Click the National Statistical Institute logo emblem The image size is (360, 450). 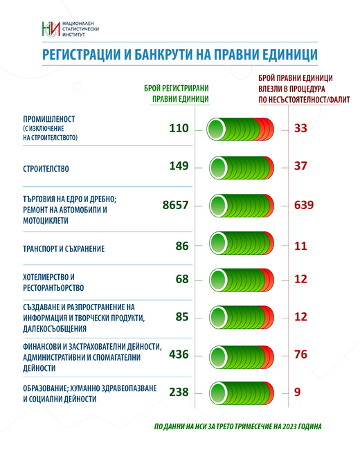tap(51, 28)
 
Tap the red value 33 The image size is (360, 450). tap(300, 128)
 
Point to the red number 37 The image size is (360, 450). tap(300, 166)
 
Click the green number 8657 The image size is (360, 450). tap(176, 205)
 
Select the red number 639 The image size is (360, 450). tap(304, 205)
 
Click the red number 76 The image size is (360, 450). tap(300, 354)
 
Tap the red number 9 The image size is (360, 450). tap(297, 392)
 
